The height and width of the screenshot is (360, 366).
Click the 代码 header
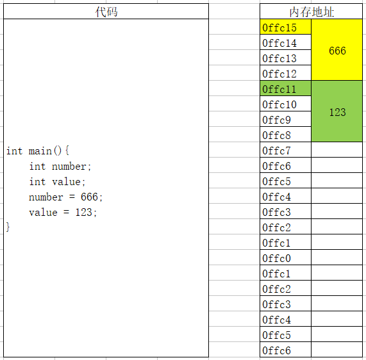(x=106, y=12)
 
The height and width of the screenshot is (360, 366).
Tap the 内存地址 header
(x=312, y=12)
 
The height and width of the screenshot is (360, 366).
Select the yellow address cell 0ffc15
(x=285, y=27)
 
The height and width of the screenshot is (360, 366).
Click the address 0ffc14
(x=279, y=43)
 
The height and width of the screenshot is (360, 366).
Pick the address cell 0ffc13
(x=285, y=58)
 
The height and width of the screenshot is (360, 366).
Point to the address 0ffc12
(x=279, y=74)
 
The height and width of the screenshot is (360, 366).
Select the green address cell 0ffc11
(x=285, y=88)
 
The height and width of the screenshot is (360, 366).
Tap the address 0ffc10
(x=279, y=105)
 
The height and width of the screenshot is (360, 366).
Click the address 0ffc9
(x=277, y=120)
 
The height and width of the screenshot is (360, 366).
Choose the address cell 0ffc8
(x=285, y=135)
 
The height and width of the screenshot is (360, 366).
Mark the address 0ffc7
(x=277, y=151)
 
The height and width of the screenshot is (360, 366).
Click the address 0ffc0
(x=277, y=258)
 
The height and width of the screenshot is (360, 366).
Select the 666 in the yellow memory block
(x=337, y=51)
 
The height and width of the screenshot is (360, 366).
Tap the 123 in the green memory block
(x=337, y=112)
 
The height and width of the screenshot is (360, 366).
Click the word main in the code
(x=40, y=151)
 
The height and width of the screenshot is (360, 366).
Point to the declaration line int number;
(x=60, y=167)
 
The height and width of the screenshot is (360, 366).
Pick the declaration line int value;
(x=58, y=182)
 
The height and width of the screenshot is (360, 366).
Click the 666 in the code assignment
(x=89, y=197)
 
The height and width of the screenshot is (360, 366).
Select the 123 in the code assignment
(x=83, y=212)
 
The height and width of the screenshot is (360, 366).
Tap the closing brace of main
(x=8, y=227)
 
